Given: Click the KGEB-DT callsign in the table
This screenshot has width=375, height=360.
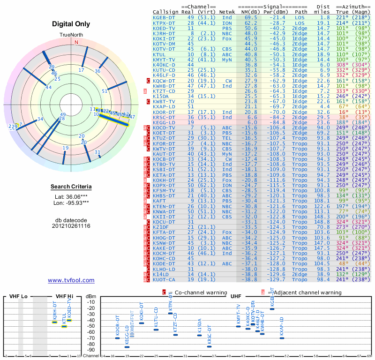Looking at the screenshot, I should [x=164, y=17].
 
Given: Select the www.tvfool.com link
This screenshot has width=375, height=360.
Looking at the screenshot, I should [x=71, y=280].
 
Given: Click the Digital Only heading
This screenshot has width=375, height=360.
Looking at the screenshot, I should [x=71, y=24].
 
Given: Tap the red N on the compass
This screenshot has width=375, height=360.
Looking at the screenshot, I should [x=76, y=42].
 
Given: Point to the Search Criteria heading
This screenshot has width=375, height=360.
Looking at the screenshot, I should [x=71, y=187].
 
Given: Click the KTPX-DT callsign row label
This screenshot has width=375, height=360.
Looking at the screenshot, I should [x=164, y=23].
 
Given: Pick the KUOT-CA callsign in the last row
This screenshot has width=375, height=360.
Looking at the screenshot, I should [x=164, y=279].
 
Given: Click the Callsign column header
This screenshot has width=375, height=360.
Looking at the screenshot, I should [x=166, y=12].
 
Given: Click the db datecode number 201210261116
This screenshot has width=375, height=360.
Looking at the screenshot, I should [x=71, y=226].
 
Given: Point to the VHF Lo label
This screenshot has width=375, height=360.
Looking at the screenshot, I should [x=18, y=297].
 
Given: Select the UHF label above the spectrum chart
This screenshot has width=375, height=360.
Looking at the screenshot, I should [x=236, y=297].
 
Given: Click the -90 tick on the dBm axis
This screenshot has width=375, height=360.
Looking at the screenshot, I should [x=91, y=350].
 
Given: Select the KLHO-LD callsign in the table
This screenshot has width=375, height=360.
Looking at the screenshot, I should [x=164, y=269].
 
